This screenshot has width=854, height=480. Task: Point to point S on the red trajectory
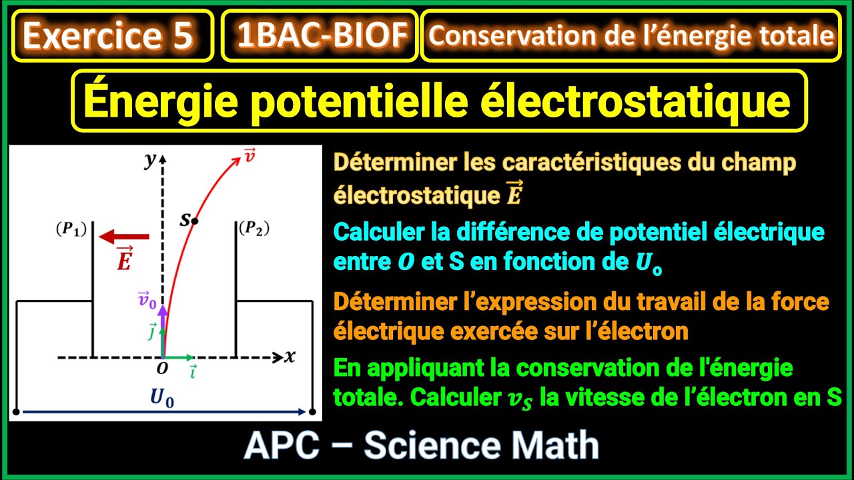coord(195,220)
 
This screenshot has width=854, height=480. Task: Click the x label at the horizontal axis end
coord(290,357)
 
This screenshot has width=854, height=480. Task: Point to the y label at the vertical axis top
coord(149,160)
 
